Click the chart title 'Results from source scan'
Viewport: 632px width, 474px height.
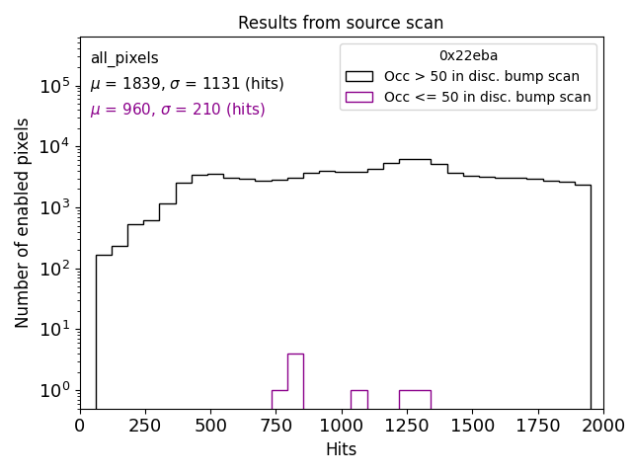click(341, 23)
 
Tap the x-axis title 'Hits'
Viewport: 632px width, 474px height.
click(341, 449)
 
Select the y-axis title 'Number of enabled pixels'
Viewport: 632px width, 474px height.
click(23, 223)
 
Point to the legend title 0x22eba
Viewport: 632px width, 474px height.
click(468, 55)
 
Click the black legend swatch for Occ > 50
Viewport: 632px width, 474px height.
click(360, 76)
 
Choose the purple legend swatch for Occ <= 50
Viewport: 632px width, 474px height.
click(360, 97)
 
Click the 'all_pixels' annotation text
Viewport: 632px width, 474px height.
click(124, 58)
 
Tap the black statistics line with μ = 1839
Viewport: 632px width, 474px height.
click(187, 84)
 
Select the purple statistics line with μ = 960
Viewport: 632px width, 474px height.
click(178, 110)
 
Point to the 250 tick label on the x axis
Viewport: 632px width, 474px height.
click(145, 425)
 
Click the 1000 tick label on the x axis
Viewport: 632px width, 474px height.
click(342, 425)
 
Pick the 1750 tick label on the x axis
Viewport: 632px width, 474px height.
click(538, 425)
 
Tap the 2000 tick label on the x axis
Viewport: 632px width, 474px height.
click(603, 425)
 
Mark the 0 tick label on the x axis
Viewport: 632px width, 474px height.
click(81, 425)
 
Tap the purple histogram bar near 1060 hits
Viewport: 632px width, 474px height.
click(358, 399)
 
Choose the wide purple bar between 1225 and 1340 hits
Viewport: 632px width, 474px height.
click(415, 399)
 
